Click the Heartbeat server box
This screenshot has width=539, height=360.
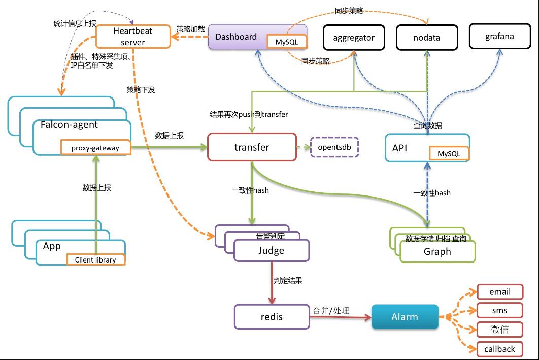[x=132, y=37]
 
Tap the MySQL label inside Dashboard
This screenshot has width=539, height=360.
[x=287, y=42]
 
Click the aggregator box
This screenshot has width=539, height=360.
[x=354, y=38]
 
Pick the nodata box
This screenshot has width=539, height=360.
[x=426, y=38]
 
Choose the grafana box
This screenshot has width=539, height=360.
[x=499, y=36]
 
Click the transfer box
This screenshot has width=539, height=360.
[x=252, y=147]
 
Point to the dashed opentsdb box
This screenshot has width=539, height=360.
[x=334, y=147]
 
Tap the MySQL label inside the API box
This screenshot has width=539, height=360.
[x=449, y=153]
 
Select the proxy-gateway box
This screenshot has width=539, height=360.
[x=95, y=148]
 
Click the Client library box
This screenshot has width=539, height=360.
[x=95, y=259]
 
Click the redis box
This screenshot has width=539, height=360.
[x=272, y=317]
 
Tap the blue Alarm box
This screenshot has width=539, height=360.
[x=405, y=317]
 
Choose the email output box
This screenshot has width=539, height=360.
[x=499, y=292]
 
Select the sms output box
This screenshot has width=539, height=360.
[x=499, y=311]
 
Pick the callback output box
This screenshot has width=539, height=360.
[x=499, y=349]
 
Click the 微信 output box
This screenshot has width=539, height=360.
[x=499, y=330]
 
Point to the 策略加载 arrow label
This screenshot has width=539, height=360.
[x=190, y=29]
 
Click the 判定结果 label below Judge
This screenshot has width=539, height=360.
[x=288, y=280]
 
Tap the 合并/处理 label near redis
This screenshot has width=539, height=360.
[x=331, y=310]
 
